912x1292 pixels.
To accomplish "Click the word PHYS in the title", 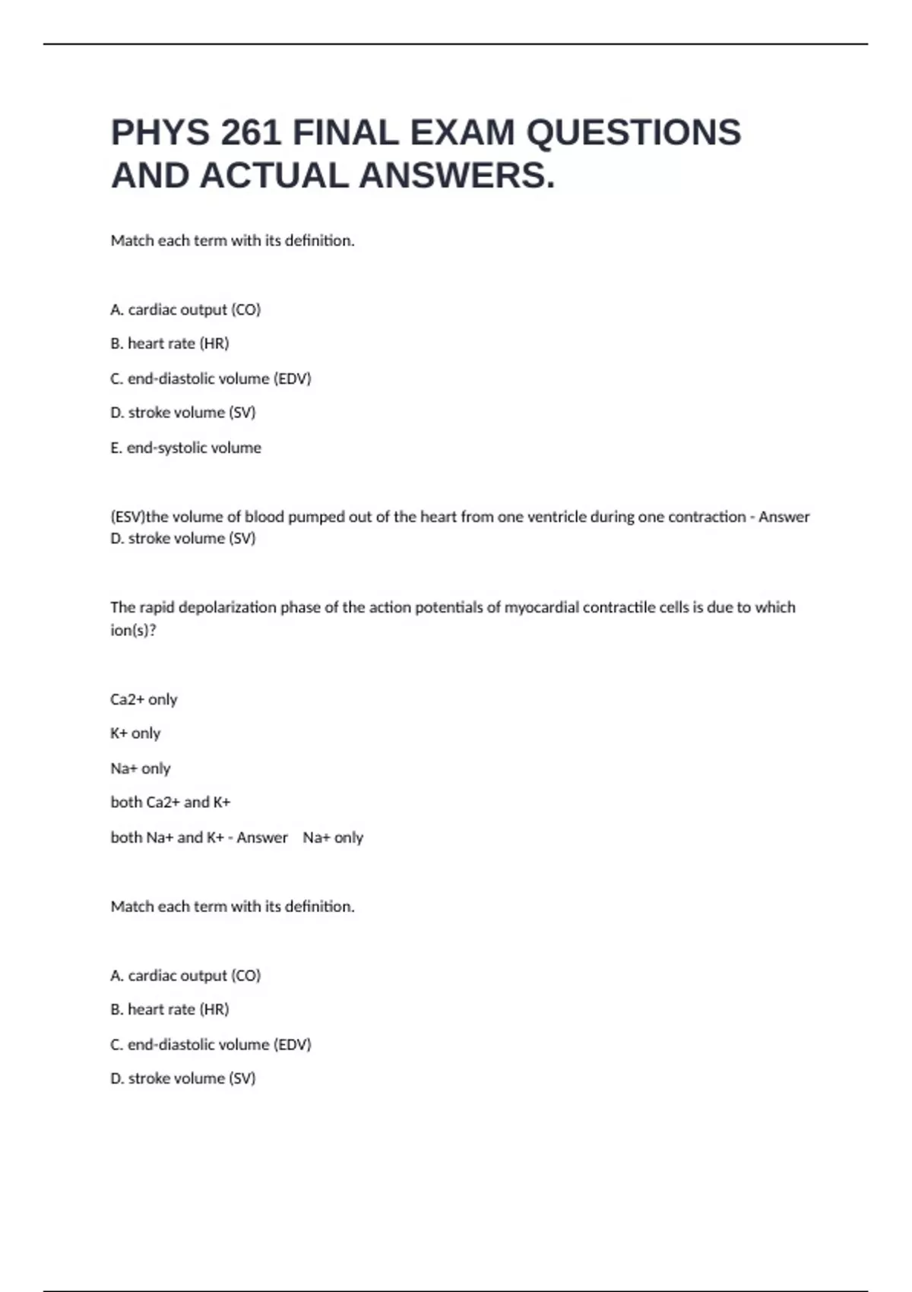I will point(160,133).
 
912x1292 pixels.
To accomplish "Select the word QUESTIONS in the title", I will point(634,133).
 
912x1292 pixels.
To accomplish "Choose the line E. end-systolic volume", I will point(186,448).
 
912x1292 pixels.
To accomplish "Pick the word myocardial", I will point(541,608).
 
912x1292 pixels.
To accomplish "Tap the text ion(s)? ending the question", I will point(133,631).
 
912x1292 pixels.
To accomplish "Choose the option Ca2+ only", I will point(144,700).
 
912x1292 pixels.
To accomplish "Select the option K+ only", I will point(135,734).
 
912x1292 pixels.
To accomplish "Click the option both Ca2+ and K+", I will point(170,803).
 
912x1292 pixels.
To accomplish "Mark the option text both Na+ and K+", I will point(167,838).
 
